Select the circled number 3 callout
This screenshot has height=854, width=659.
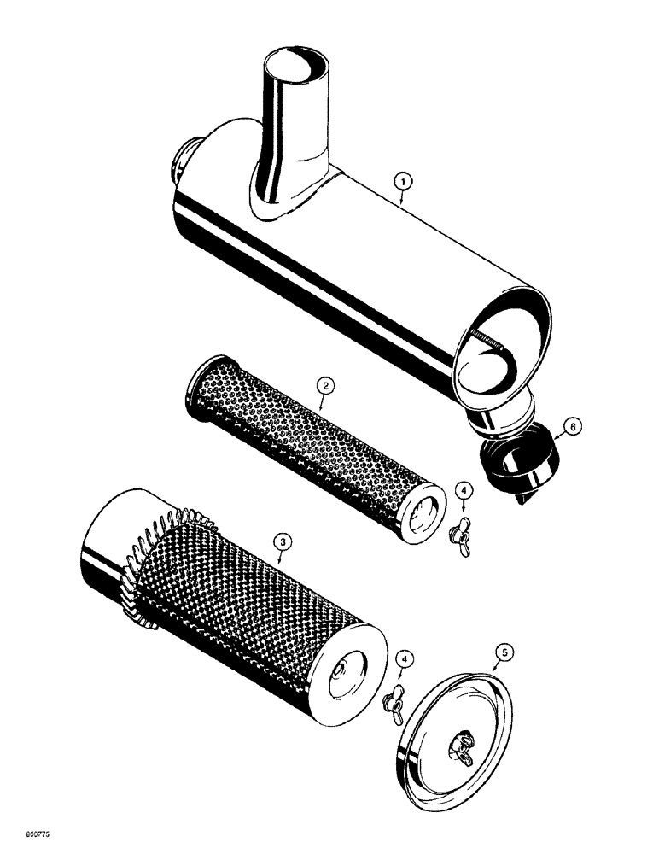[x=280, y=539]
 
